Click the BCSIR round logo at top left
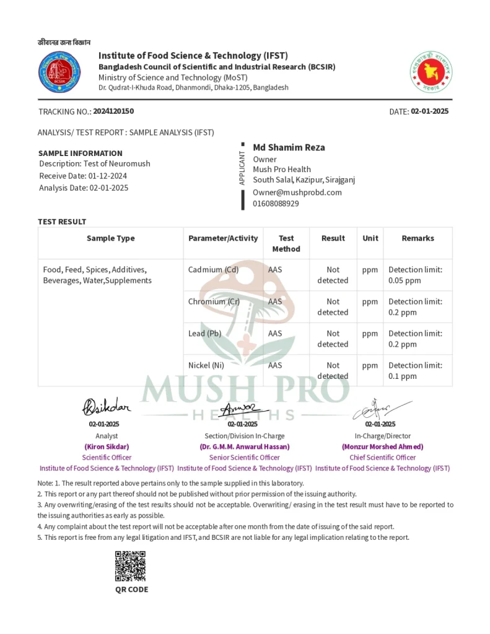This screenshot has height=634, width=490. tap(59, 72)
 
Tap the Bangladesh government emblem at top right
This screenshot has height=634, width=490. tap(431, 72)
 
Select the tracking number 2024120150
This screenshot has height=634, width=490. tap(113, 111)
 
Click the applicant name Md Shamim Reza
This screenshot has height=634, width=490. tap(289, 147)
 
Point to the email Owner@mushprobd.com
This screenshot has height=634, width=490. tap(297, 192)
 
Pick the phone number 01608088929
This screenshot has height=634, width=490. tap(276, 203)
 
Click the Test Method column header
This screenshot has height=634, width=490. tap(286, 243)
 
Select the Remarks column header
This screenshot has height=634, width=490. tap(418, 238)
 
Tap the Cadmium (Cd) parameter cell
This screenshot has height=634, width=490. tap(213, 270)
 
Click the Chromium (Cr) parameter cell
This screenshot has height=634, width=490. tap(214, 302)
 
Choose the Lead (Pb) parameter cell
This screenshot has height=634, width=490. tap(204, 334)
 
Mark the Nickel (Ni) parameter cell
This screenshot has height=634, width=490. tap(206, 365)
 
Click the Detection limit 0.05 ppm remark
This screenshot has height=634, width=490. tap(415, 275)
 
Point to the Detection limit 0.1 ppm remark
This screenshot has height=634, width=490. tap(415, 370)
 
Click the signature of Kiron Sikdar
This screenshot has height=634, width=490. tap(107, 407)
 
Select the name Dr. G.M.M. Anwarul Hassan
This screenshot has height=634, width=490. tap(244, 446)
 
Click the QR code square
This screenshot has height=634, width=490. tap(130, 566)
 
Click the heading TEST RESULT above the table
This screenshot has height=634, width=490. tap(62, 222)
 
